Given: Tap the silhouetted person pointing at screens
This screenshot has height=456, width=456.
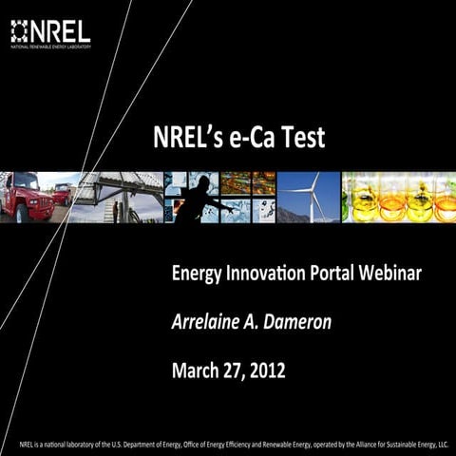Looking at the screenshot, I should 196,199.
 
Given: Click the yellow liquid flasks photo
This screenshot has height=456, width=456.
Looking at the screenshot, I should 399,197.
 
